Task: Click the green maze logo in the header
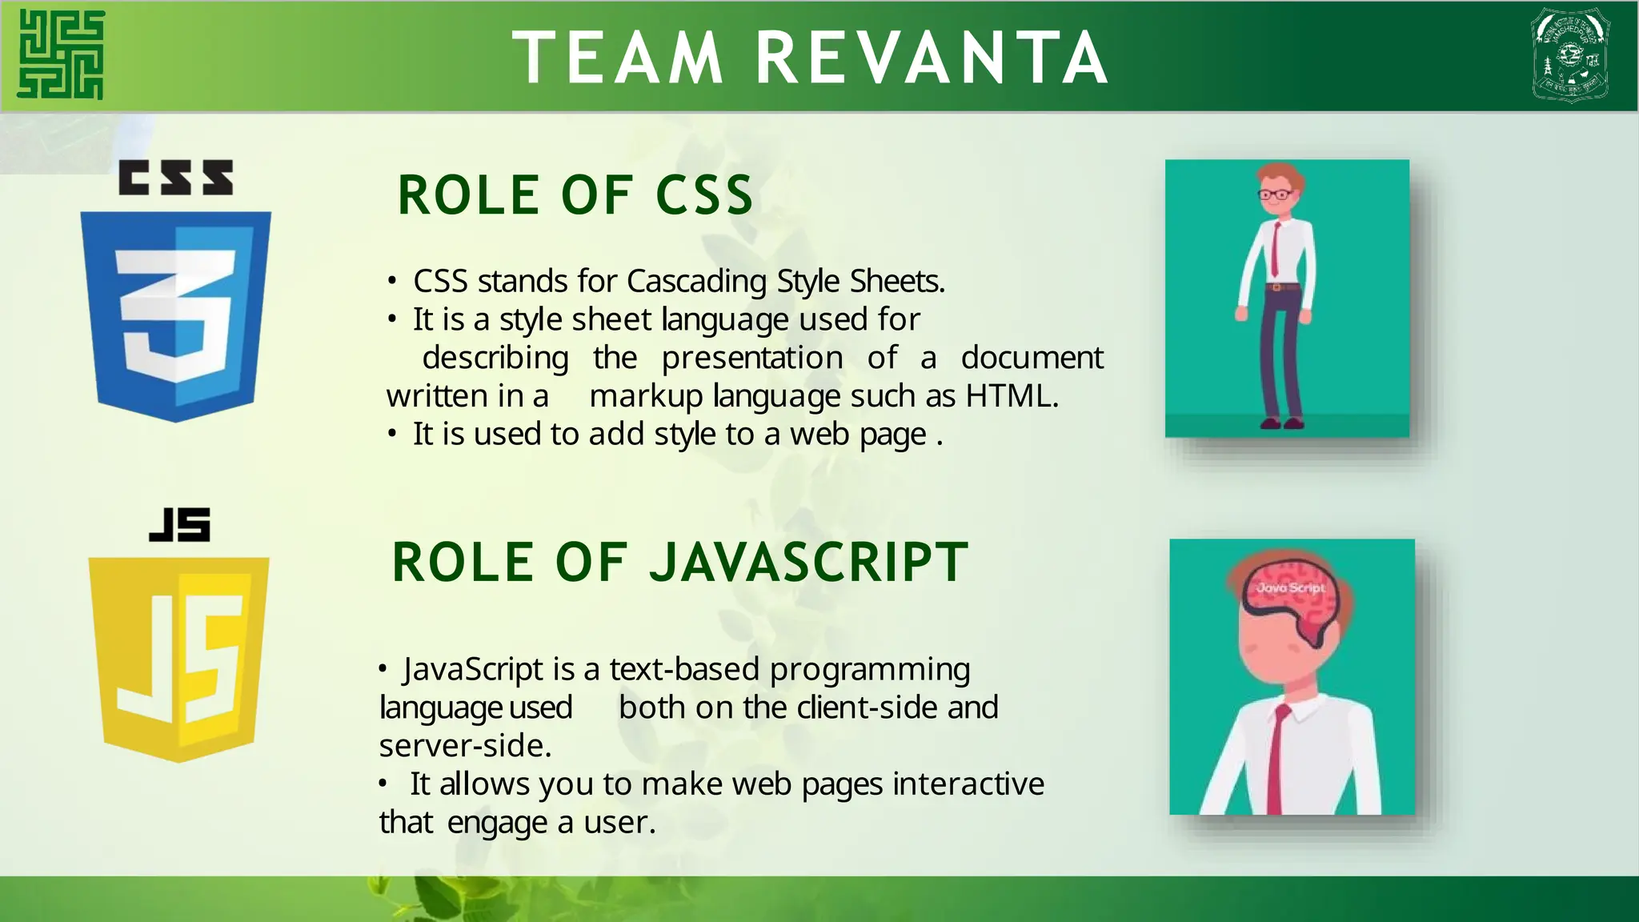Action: pyautogui.click(x=61, y=54)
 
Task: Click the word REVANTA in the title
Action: pyautogui.click(x=932, y=58)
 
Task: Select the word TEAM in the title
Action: pyautogui.click(x=618, y=58)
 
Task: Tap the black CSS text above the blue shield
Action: pyautogui.click(x=176, y=178)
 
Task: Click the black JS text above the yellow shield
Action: pyautogui.click(x=180, y=525)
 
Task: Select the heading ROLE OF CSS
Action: pyautogui.click(x=575, y=195)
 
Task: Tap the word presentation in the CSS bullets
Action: pyautogui.click(x=752, y=358)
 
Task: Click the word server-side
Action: pyautogui.click(x=464, y=746)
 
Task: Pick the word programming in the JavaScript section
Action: pyautogui.click(x=870, y=669)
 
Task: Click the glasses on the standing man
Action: pyautogui.click(x=1276, y=194)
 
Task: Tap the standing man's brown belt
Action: pyautogui.click(x=1282, y=286)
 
